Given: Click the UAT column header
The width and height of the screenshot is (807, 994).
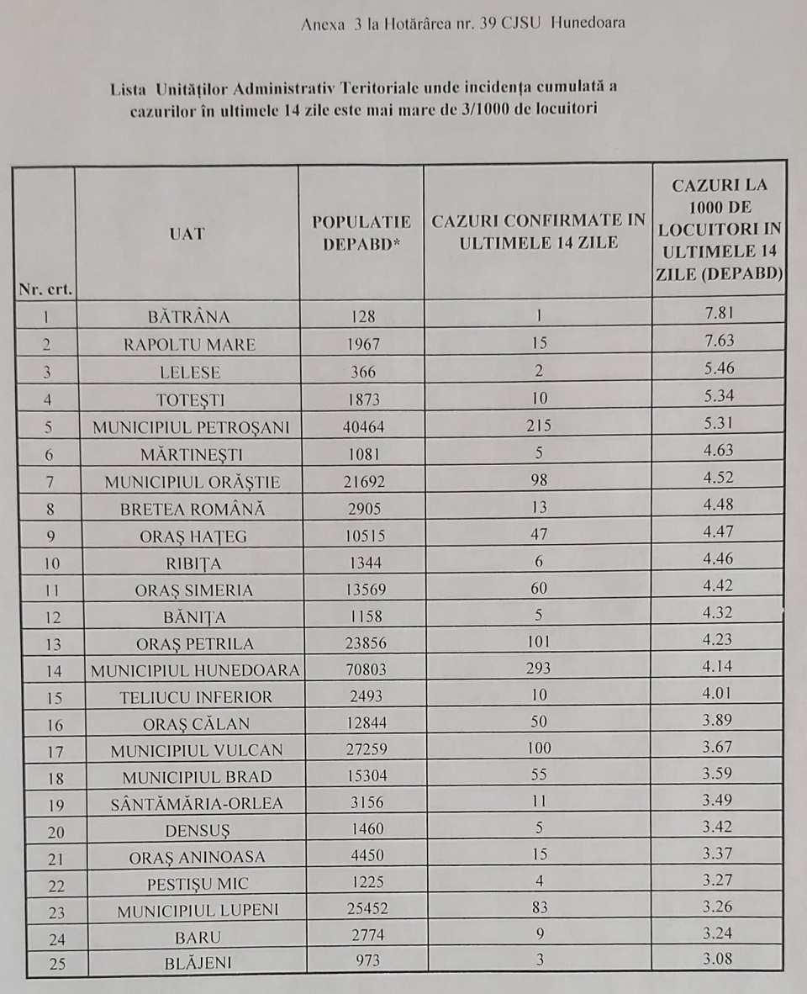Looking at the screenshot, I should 187,234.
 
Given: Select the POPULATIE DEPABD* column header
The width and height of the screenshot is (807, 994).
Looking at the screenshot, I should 361,233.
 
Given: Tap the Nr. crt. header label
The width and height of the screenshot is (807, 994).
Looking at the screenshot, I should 45,289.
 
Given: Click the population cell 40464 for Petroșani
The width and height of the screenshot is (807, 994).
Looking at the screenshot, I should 363,427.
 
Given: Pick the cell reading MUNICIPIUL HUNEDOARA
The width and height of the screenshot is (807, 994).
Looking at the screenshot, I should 195,670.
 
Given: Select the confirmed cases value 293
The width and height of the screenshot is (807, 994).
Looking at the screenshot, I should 538,669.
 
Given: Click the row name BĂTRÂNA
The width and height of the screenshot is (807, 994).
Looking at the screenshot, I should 188,317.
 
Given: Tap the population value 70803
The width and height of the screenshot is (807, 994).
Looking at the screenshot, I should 363,670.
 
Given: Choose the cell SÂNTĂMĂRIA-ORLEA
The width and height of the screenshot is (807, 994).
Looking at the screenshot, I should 197,803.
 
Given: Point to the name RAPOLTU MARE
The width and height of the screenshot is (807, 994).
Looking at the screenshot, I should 189,344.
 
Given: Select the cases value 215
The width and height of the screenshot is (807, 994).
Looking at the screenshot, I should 538,426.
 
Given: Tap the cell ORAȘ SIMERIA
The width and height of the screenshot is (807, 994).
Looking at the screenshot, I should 193,590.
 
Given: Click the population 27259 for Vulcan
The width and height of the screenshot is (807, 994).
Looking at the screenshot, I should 363,749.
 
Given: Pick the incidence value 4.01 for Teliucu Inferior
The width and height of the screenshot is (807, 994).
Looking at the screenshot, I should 719,695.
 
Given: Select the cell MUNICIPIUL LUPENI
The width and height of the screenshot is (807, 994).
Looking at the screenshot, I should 198,911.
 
